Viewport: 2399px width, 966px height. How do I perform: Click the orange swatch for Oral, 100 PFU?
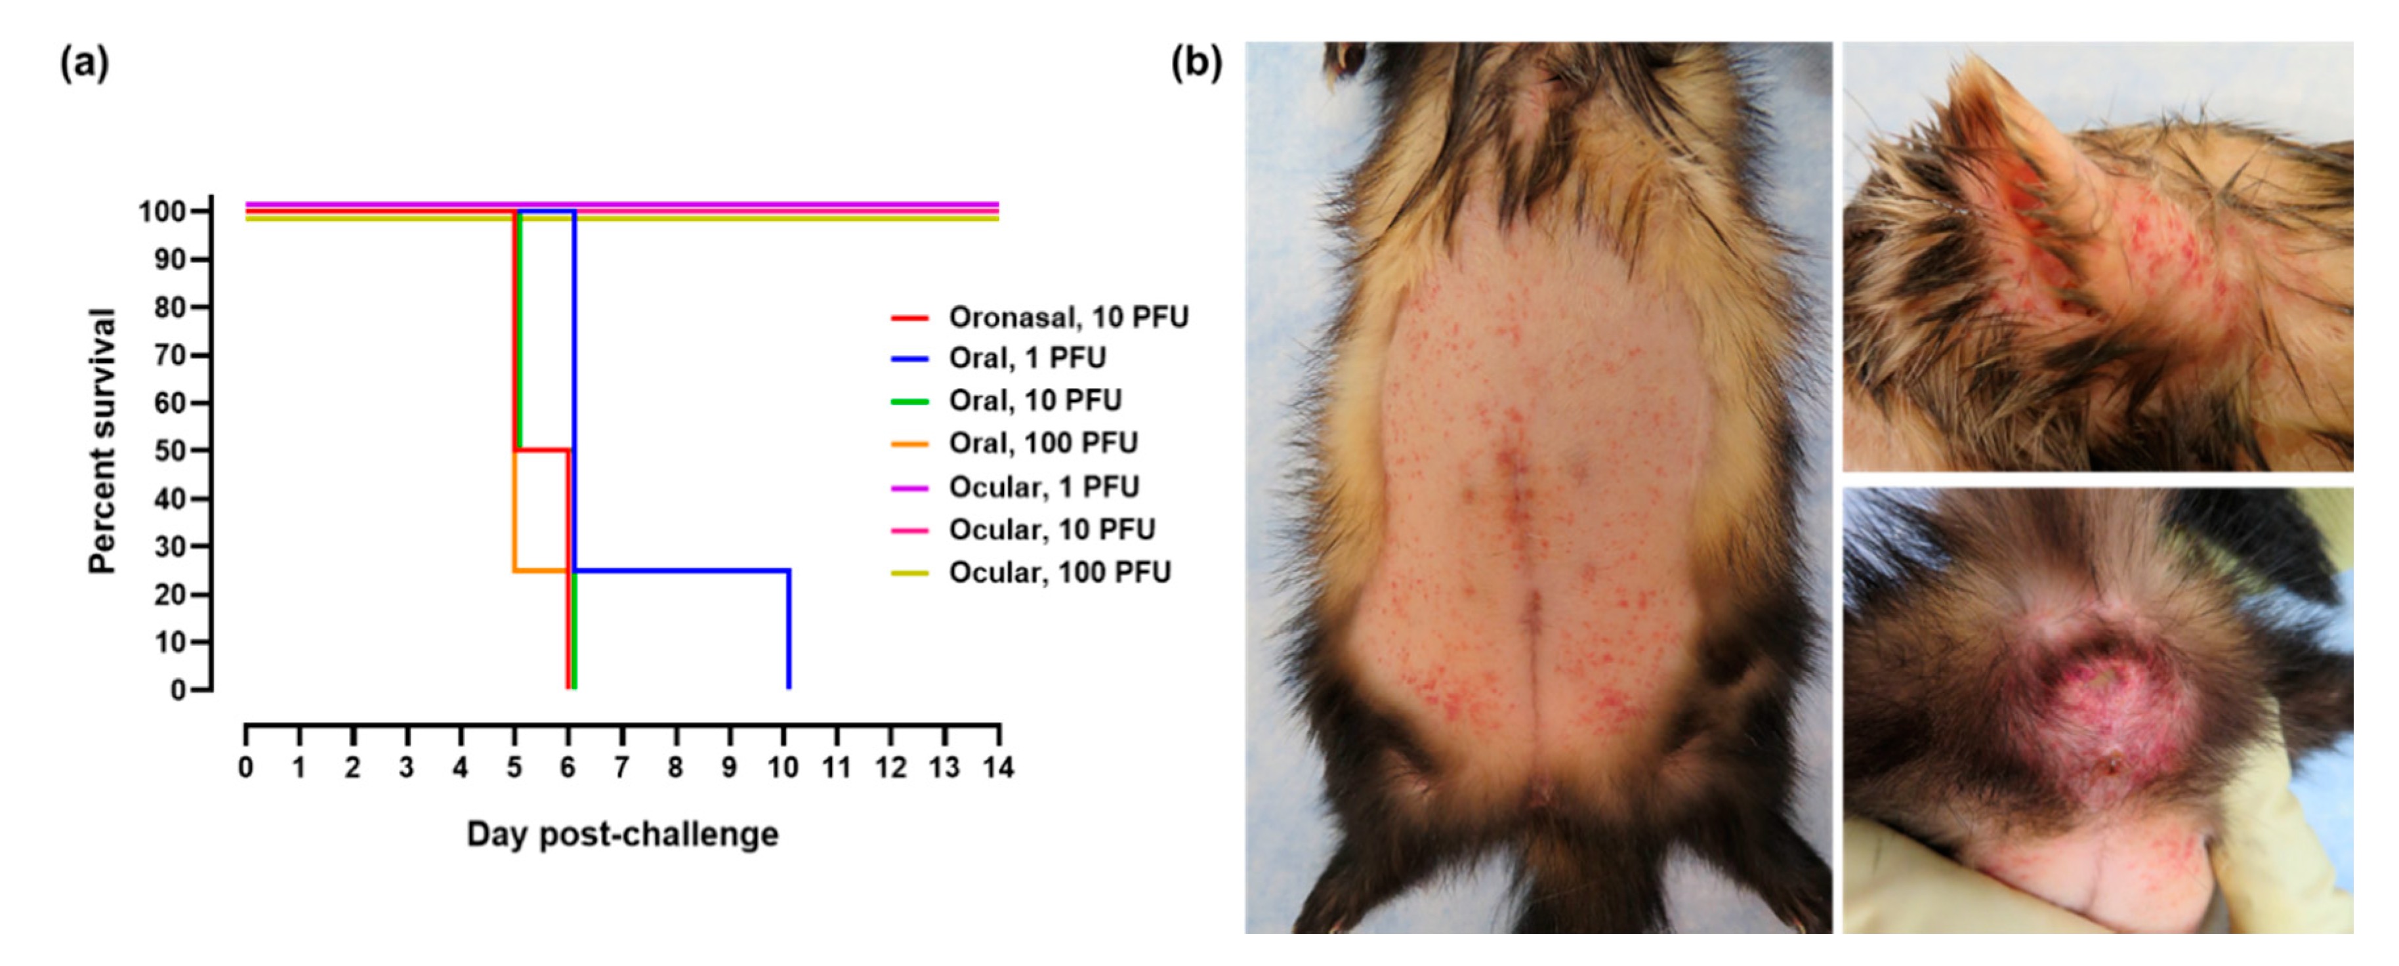910,444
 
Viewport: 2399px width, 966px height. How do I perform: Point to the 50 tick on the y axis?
171,451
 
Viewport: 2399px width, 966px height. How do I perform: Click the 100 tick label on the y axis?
162,213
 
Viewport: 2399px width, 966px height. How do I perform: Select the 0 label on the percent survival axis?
178,690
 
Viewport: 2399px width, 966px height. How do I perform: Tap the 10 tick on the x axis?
782,768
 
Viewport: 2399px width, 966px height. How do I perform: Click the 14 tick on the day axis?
998,768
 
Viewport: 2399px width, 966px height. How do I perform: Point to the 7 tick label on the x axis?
621,768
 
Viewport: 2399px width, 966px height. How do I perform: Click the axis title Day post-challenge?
622,833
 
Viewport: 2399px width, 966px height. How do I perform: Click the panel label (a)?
84,64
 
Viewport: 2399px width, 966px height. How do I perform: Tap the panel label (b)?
1196,64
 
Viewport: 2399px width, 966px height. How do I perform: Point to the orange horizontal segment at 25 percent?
540,570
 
